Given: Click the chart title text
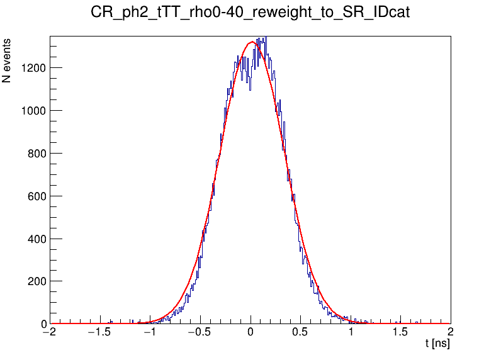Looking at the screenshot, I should pyautogui.click(x=250, y=13).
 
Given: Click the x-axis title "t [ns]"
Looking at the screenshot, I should pyautogui.click(x=437, y=344).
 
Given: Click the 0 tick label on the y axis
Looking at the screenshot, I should pyautogui.click(x=43, y=324).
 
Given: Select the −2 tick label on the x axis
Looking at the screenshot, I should pyautogui.click(x=49, y=333).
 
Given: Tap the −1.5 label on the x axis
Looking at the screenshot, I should pyautogui.click(x=99, y=333).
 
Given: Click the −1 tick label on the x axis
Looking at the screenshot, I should pyautogui.click(x=149, y=333).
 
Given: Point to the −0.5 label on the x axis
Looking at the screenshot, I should pyautogui.click(x=199, y=333).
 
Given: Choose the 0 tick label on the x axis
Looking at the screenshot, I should pyautogui.click(x=250, y=333).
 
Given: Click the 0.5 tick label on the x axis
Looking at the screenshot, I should pyautogui.click(x=301, y=333).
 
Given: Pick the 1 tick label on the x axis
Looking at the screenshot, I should pyautogui.click(x=351, y=333).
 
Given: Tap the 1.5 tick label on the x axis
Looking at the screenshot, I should pyautogui.click(x=401, y=333).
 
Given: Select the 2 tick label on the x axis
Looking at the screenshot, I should pyautogui.click(x=451, y=333).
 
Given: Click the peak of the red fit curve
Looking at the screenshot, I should pyautogui.click(x=252, y=42).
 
